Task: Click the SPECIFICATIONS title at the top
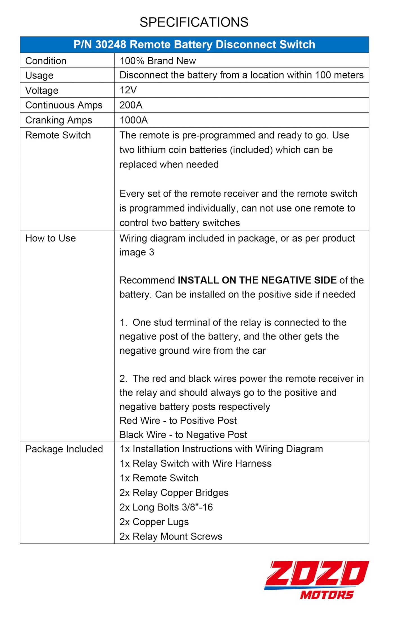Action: click(194, 22)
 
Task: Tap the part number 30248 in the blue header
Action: click(111, 45)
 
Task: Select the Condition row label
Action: click(46, 61)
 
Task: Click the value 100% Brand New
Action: click(158, 61)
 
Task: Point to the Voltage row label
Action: click(42, 90)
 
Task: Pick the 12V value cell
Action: click(128, 90)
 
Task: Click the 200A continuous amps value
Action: click(131, 105)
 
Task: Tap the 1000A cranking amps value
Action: click(134, 120)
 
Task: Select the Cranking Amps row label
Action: click(59, 120)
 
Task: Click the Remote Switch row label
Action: click(58, 135)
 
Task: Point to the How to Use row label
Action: click(50, 238)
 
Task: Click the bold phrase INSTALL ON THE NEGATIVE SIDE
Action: click(257, 280)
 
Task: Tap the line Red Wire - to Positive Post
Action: click(178, 421)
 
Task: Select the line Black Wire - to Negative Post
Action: click(183, 435)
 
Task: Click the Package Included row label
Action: click(64, 449)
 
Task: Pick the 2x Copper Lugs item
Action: click(154, 522)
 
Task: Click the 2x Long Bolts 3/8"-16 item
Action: click(166, 507)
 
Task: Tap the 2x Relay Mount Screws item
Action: click(171, 537)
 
